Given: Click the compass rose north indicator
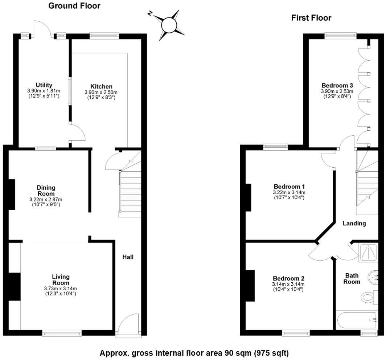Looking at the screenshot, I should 150,13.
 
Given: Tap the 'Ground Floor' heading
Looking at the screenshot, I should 74,6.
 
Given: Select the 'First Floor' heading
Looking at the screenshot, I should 311,18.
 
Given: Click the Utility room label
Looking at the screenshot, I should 44,85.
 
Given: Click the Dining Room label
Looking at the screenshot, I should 46,191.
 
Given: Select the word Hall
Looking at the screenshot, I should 128,257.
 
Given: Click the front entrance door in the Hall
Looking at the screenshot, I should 127,324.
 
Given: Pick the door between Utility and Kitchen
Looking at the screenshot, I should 77,133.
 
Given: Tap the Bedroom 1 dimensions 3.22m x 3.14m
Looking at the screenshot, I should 289,192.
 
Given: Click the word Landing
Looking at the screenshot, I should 354,224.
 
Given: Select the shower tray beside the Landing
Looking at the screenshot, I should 369,253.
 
